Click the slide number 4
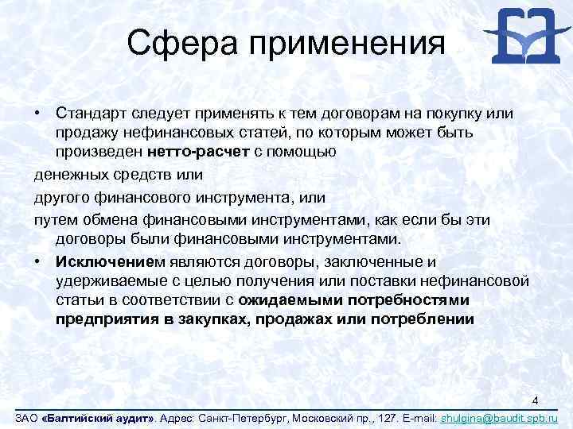[x=536, y=400]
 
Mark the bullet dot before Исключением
[x=37, y=261]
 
